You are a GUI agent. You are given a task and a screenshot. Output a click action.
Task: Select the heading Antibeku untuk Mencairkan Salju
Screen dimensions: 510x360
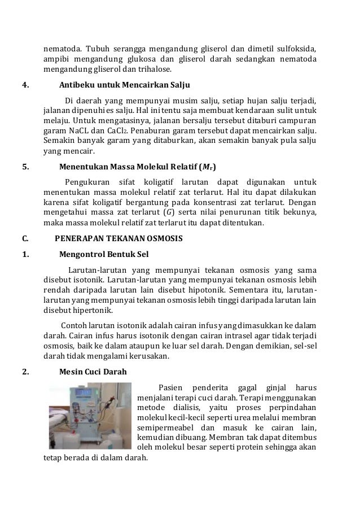point(124,85)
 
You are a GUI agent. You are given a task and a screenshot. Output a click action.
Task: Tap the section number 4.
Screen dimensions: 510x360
point(24,85)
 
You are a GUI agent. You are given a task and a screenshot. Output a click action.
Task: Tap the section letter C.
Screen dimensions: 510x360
point(24,238)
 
